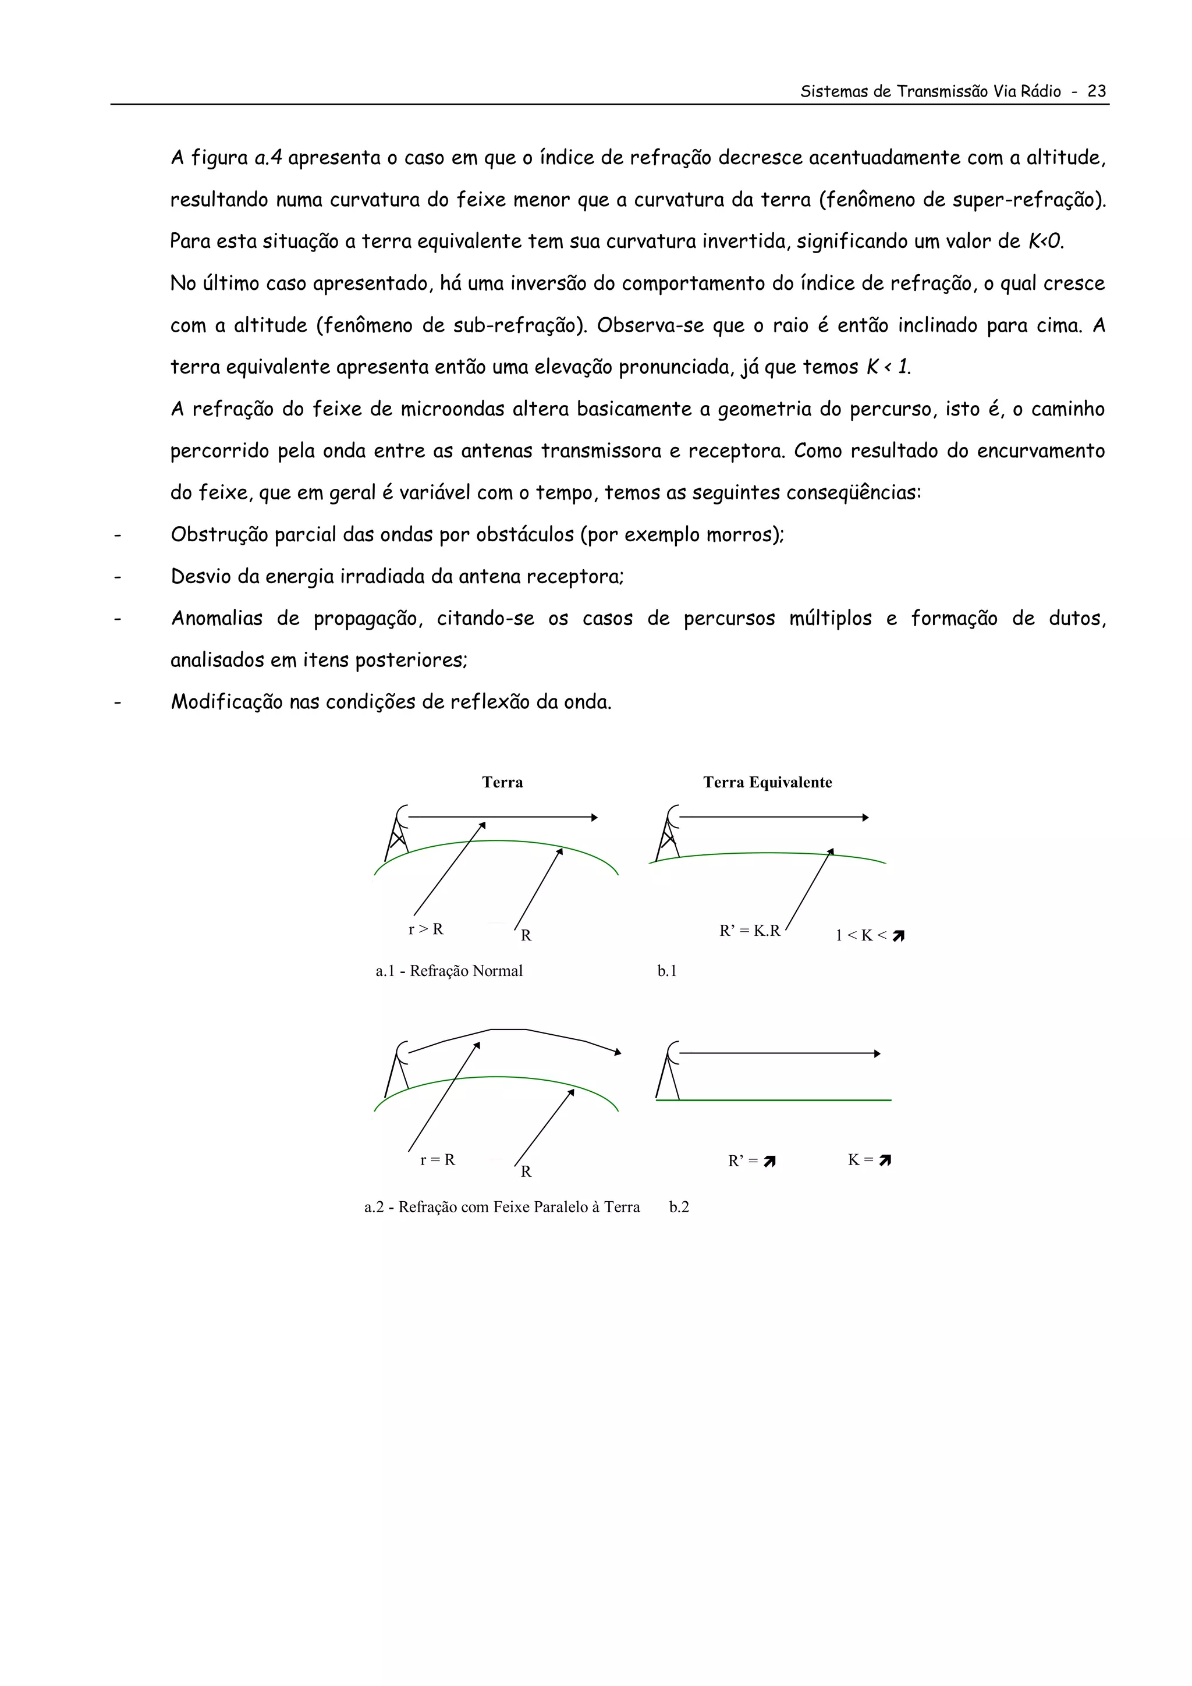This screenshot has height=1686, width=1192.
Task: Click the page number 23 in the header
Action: click(x=1097, y=91)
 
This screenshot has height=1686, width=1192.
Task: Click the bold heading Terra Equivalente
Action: click(x=768, y=782)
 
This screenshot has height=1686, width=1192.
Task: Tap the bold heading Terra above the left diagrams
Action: click(x=502, y=782)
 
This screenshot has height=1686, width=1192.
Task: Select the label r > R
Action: click(x=426, y=929)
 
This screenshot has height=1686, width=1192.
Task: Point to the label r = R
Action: click(x=438, y=1159)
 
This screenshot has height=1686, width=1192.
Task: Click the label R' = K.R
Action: click(x=749, y=931)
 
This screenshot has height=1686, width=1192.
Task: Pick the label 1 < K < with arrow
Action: click(x=870, y=935)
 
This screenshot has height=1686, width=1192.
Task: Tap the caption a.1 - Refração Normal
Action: click(x=449, y=971)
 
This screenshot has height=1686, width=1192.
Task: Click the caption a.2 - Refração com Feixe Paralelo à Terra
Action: click(x=502, y=1207)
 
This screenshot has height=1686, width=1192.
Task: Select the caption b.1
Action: click(x=667, y=971)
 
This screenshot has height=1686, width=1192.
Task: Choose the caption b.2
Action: click(x=679, y=1207)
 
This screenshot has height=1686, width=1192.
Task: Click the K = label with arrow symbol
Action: click(x=869, y=1160)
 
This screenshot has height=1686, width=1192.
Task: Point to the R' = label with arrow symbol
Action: click(x=751, y=1161)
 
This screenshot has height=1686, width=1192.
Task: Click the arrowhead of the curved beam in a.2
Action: click(x=618, y=1052)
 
